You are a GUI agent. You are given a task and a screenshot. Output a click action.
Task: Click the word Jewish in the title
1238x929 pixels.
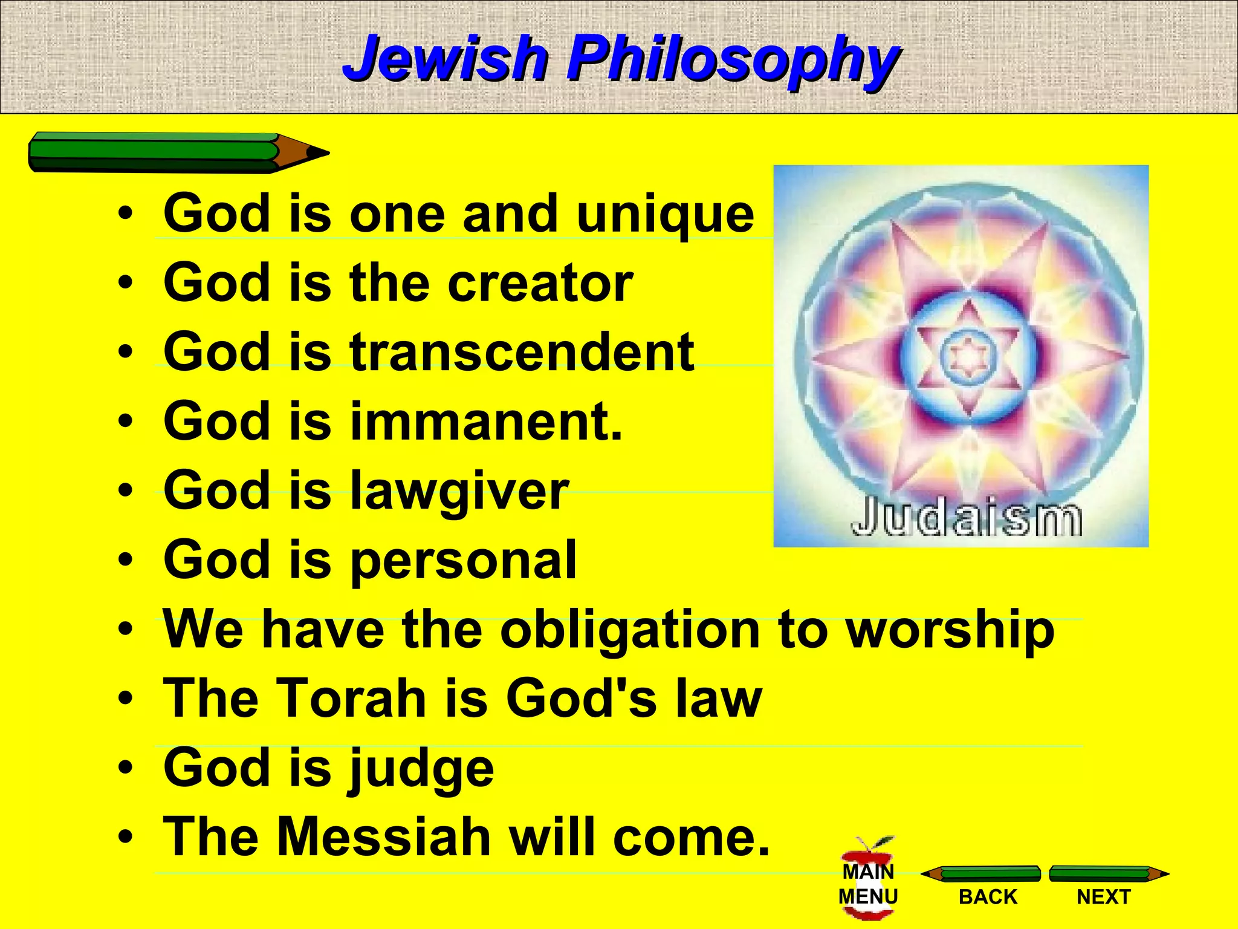click(444, 58)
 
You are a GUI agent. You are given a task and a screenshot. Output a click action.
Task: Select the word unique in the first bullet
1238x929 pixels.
click(665, 214)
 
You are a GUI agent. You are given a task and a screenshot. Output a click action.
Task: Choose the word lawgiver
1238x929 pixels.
click(459, 491)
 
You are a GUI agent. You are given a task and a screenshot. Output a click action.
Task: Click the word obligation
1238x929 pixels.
click(629, 630)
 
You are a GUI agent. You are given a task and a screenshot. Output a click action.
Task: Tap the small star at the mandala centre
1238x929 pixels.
click(968, 357)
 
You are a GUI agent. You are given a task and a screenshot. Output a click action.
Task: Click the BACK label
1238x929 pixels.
click(988, 896)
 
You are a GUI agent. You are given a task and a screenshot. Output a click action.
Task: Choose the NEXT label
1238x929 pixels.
click(1103, 896)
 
